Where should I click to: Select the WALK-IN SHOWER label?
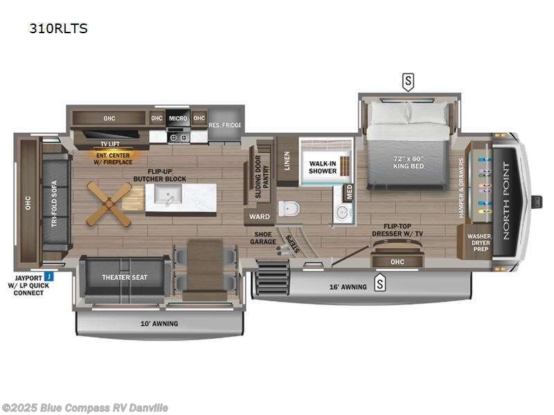pyautogui.click(x=322, y=167)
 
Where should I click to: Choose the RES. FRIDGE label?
pyautogui.click(x=224, y=126)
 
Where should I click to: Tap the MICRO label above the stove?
pyautogui.click(x=177, y=118)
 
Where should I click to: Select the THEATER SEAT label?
pyautogui.click(x=125, y=278)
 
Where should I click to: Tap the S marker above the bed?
pyautogui.click(x=408, y=82)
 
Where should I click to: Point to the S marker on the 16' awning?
pyautogui.click(x=379, y=282)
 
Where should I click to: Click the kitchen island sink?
pyautogui.click(x=166, y=198)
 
